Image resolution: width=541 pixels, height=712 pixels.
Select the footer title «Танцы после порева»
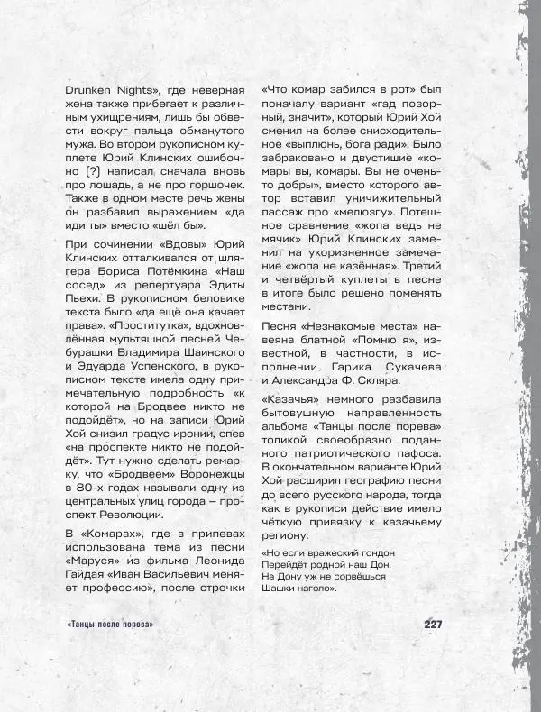point(110,625)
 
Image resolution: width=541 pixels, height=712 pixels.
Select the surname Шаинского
point(195,366)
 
